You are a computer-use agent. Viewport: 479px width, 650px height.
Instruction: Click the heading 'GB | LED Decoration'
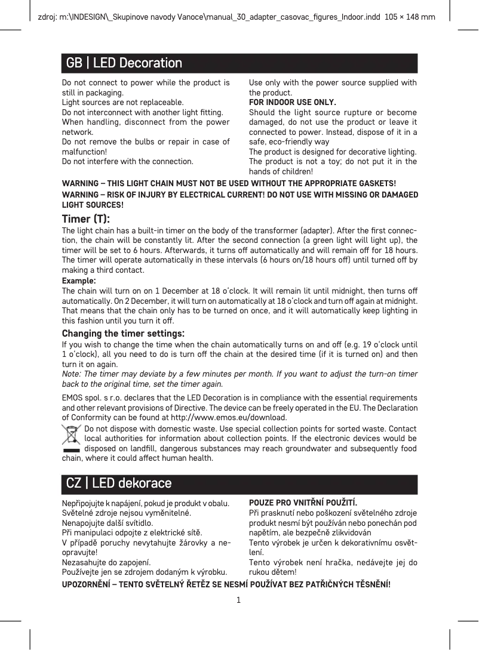click(x=124, y=63)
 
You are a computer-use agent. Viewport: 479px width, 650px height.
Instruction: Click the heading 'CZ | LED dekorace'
click(x=119, y=483)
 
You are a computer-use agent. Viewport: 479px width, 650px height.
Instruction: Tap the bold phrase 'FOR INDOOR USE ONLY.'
click(x=292, y=102)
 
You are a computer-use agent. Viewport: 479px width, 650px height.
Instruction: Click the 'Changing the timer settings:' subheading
click(x=123, y=333)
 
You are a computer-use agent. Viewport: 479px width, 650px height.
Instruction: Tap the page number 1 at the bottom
click(x=239, y=599)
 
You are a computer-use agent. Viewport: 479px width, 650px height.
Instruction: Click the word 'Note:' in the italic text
click(x=72, y=374)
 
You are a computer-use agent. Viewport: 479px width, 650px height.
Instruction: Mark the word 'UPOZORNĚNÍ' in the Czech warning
click(x=88, y=583)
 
